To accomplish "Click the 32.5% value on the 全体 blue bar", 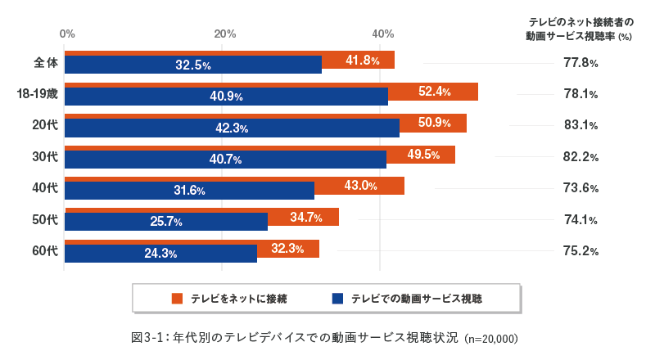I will (193, 65).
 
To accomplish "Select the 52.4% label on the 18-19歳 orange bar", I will (435, 92).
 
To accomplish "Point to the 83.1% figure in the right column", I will (580, 125).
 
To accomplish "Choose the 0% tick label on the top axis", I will (68, 34).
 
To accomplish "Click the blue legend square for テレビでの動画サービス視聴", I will (337, 299).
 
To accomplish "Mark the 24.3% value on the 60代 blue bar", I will (161, 254).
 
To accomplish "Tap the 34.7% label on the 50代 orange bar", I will (306, 218).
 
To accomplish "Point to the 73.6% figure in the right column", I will (580, 188).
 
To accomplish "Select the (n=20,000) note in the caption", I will (491, 338).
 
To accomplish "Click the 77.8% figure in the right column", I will (580, 63).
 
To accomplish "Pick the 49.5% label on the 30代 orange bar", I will (423, 155).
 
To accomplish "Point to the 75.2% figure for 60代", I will (580, 251).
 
